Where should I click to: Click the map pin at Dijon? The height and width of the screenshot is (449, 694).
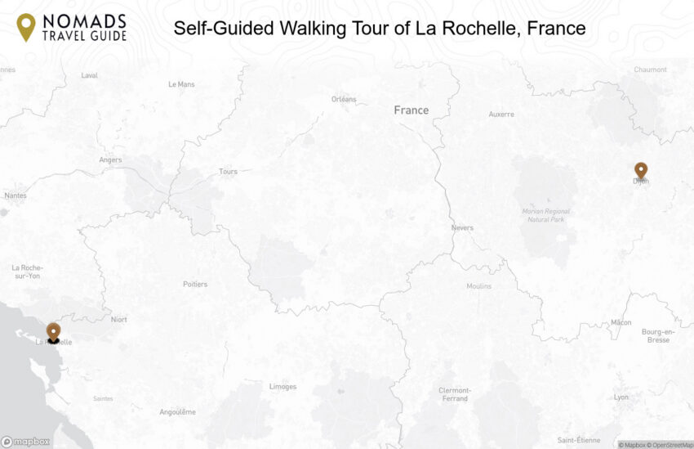pyautogui.click(x=641, y=170)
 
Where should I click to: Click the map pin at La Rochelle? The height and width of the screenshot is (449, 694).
pyautogui.click(x=53, y=331)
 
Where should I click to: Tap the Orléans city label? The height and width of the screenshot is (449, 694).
pyautogui.click(x=344, y=99)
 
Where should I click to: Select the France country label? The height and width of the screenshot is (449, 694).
pyautogui.click(x=411, y=110)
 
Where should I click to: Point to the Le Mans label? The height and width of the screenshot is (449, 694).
pyautogui.click(x=181, y=83)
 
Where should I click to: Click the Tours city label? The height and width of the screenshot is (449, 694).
pyautogui.click(x=229, y=172)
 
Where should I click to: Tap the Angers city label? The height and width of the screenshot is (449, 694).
pyautogui.click(x=110, y=159)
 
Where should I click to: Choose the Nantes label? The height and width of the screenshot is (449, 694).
pyautogui.click(x=15, y=195)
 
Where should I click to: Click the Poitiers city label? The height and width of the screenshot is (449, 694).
pyautogui.click(x=195, y=284)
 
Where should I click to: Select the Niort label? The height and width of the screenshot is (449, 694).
pyautogui.click(x=118, y=320)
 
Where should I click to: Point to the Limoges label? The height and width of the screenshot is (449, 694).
pyautogui.click(x=282, y=386)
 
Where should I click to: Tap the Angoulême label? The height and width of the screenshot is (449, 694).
pyautogui.click(x=178, y=411)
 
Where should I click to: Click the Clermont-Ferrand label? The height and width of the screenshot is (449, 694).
pyautogui.click(x=455, y=394)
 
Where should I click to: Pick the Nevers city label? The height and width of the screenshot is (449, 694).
pyautogui.click(x=461, y=227)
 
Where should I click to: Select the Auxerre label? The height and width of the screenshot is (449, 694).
pyautogui.click(x=501, y=114)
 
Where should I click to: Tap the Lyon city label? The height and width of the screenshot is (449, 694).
pyautogui.click(x=621, y=397)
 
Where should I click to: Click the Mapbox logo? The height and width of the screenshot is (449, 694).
pyautogui.click(x=25, y=442)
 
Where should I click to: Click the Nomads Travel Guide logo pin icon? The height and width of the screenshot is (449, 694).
pyautogui.click(x=26, y=26)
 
